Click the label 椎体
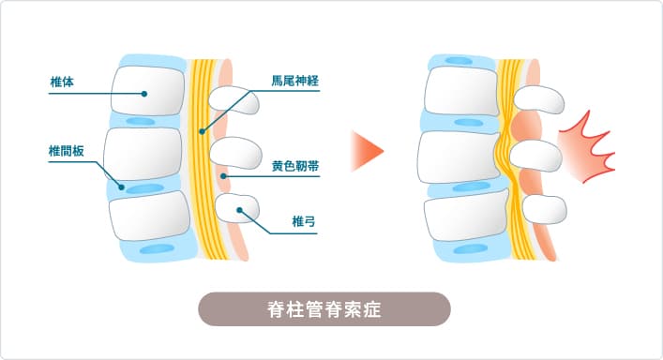click(62, 82)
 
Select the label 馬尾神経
click(294, 82)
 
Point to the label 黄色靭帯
click(294, 165)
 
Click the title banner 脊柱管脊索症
click(324, 308)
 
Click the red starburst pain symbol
click(585, 145)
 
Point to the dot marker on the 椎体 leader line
click(145, 93)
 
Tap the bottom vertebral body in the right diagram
click(460, 216)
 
